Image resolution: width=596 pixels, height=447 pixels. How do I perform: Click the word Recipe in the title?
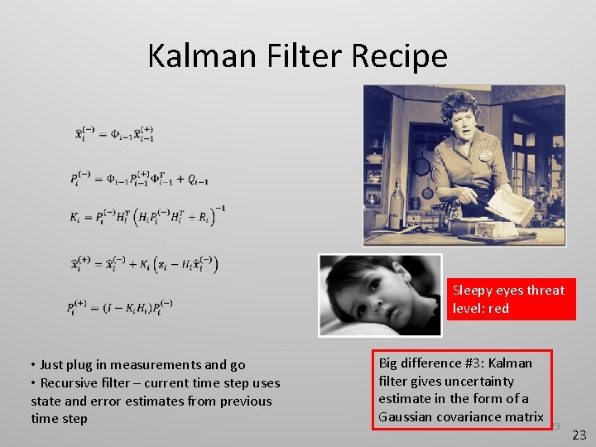[x=399, y=55]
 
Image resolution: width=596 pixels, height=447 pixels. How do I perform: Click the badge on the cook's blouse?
[x=484, y=155]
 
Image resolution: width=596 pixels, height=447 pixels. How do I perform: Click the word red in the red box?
[x=497, y=308]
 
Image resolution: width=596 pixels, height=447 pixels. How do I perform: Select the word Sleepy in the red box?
[x=473, y=290]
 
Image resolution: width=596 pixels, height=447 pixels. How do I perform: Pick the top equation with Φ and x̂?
[x=115, y=133]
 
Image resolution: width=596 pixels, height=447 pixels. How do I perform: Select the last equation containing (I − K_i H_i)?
[x=121, y=307]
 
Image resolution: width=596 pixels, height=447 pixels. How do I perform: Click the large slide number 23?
[x=579, y=434]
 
